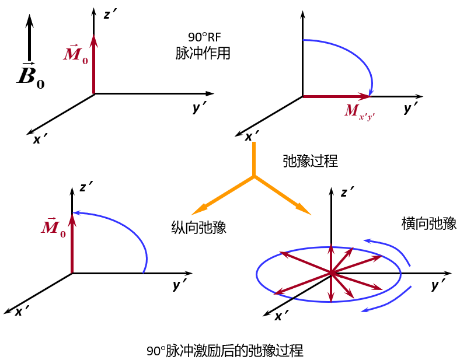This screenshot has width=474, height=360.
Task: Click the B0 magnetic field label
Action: tap(31, 76)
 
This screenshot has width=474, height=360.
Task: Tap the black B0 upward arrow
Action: tap(30, 38)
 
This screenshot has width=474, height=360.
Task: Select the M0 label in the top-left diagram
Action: tap(76, 55)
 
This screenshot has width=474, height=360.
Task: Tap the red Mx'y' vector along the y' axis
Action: tap(336, 96)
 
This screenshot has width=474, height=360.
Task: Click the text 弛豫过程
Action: tap(310, 161)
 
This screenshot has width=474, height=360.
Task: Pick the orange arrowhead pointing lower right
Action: tap(302, 208)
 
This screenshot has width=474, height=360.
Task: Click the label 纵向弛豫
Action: tap(198, 228)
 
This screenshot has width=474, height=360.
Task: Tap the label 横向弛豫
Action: tap(429, 223)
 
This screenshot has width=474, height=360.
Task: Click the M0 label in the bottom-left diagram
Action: tap(53, 228)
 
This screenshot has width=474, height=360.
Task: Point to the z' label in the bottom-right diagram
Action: tap(348, 193)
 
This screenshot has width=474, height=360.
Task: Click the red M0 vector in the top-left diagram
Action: tap(93, 64)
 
